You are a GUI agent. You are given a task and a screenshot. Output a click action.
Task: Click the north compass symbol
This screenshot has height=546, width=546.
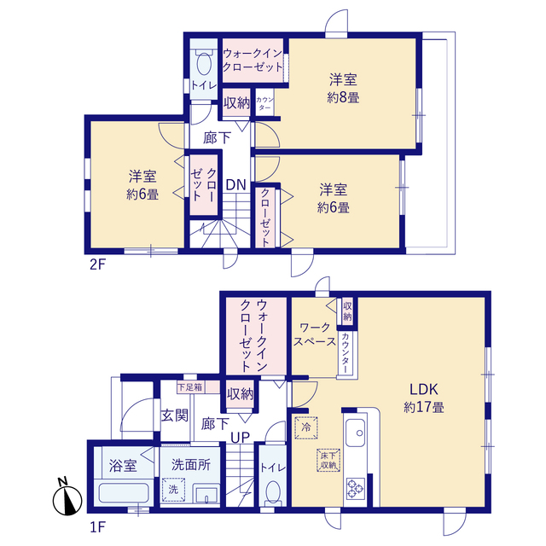pos(67,497)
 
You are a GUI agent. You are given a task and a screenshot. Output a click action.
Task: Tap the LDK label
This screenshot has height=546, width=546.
pos(423,389)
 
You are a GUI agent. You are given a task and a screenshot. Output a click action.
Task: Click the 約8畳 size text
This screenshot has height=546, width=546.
pos(343,98)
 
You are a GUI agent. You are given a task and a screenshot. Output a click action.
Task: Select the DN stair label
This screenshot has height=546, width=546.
pos(235,185)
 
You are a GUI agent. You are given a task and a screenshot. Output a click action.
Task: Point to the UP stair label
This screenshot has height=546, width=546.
pos(241,438)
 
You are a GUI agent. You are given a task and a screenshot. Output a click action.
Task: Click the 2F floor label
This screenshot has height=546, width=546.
pos(97,265)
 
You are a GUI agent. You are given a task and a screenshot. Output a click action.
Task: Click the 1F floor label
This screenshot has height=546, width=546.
pos(97,527)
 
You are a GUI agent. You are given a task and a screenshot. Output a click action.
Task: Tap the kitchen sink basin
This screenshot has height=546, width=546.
pos(355,433)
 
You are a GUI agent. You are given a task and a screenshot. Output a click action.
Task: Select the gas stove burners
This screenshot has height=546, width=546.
pos(356,489)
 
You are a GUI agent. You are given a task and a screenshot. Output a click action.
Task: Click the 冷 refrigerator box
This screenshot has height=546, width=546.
pos(306,427)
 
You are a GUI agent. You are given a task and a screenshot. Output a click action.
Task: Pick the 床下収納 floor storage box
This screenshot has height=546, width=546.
pos(328,460)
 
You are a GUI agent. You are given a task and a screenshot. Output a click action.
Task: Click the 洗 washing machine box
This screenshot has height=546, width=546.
pos(173,489)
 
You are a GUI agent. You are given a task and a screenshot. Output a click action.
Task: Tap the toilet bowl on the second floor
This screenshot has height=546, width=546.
pos(204,63)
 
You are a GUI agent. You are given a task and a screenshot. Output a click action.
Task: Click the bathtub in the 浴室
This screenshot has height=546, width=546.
pos(124,492)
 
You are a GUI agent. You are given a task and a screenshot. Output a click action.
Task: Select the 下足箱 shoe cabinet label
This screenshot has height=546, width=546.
pos(189,387)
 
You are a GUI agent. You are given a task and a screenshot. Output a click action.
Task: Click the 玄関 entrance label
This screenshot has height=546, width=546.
pos(174,415)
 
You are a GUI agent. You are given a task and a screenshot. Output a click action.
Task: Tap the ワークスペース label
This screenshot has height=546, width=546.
pos(315,334)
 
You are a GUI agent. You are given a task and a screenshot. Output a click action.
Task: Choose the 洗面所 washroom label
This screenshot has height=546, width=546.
pos(191,464)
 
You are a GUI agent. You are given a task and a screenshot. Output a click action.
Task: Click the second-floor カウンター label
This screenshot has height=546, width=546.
pos(265,104)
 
